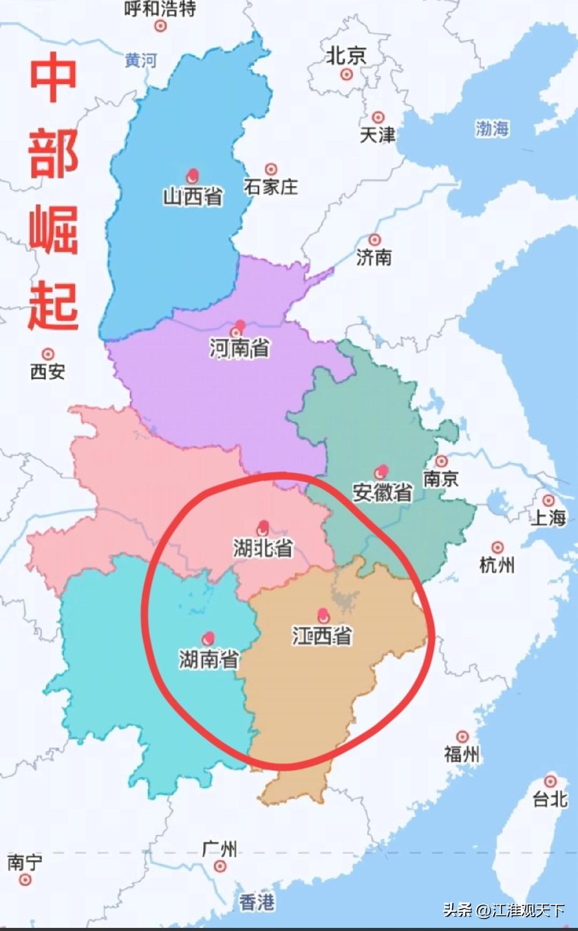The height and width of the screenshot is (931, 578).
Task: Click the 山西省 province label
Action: pyautogui.click(x=193, y=197)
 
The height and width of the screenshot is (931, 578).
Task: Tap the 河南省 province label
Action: pyautogui.click(x=239, y=348)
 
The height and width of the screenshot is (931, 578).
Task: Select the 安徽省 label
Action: pyautogui.click(x=382, y=492)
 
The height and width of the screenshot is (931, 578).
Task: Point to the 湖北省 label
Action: pyautogui.click(x=263, y=548)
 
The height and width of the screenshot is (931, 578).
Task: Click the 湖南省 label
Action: pyautogui.click(x=209, y=659)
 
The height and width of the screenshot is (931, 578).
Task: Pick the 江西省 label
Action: pyautogui.click(x=322, y=636)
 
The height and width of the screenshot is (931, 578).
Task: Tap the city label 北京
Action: pyautogui.click(x=345, y=56)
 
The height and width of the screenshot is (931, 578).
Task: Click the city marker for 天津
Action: pyautogui.click(x=378, y=117)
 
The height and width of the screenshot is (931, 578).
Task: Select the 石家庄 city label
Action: pyautogui.click(x=271, y=187)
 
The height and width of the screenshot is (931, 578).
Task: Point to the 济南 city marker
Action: pyautogui.click(x=375, y=240)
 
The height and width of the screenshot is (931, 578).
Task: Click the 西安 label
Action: pyautogui.click(x=48, y=372)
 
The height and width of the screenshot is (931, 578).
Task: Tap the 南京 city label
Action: pyautogui.click(x=441, y=479)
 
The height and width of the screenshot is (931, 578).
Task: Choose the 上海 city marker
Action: pyautogui.click(x=549, y=501)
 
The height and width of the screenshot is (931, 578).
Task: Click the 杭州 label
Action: pyautogui.click(x=497, y=565)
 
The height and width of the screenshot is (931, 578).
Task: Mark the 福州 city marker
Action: pyautogui.click(x=463, y=737)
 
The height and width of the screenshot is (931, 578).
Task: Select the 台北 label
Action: pyautogui.click(x=550, y=799)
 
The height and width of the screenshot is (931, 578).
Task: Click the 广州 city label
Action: pyautogui.click(x=219, y=849)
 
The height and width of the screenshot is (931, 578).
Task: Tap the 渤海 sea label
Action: pyautogui.click(x=492, y=129)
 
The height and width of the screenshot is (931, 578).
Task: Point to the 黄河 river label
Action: pyautogui.click(x=140, y=61)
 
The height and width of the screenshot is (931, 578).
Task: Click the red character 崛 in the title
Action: pyautogui.click(x=53, y=229)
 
